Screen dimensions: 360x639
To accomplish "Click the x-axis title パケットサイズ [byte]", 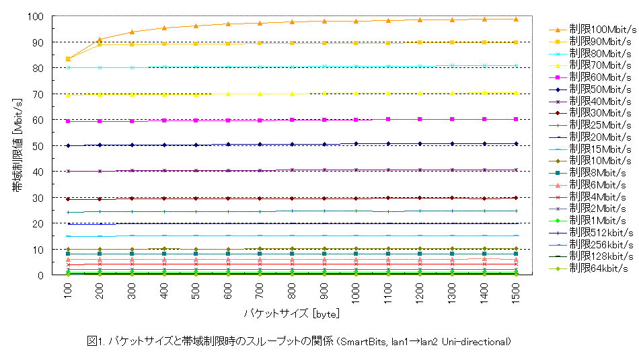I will point(292,314).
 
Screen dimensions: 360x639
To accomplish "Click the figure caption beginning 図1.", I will point(299,342).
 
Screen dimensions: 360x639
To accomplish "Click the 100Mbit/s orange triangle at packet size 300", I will point(132,32).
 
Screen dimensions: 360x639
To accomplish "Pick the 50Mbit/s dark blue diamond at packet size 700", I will point(260,144).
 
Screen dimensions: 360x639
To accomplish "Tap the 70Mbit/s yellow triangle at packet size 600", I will point(228,94).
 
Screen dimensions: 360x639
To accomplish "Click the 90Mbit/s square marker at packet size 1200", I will point(420,42).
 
